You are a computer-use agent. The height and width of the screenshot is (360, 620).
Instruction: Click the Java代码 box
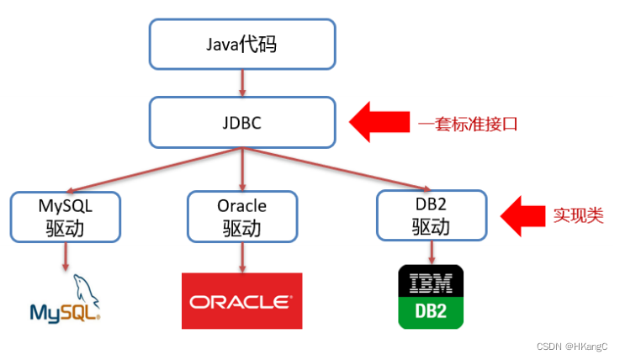coord(242,43)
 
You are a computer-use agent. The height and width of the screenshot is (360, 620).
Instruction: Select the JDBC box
coord(242,123)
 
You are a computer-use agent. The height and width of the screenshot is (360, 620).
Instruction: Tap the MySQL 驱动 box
coord(65,216)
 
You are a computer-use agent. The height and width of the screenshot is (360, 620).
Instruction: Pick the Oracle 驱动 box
coord(241,216)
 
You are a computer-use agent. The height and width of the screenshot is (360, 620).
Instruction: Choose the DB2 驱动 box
coord(432,216)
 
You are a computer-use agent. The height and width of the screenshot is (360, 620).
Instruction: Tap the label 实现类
coord(578,215)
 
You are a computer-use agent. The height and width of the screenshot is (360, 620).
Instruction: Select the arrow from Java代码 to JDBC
coord(242,82)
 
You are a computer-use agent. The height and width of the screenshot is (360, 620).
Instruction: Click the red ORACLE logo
coord(241,300)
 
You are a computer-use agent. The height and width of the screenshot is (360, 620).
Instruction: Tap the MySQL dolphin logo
coord(66,300)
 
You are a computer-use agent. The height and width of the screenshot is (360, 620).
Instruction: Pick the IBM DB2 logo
coord(432,297)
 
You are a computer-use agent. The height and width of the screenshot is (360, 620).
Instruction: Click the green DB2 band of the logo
coord(432,313)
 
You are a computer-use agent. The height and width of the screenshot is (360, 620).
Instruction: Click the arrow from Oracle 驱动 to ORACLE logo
coord(241,256)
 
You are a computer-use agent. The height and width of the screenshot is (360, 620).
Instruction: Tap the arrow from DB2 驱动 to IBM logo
coord(432,252)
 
